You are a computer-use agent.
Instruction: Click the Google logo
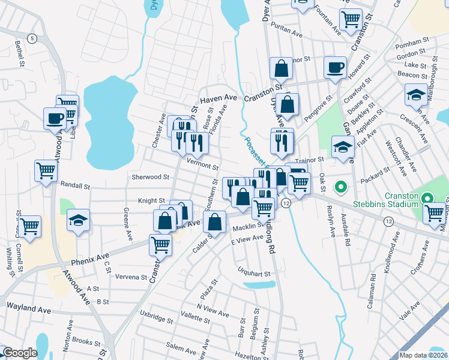pyautogui.click(x=20, y=353)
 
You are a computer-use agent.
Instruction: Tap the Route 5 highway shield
pyautogui.click(x=32, y=38)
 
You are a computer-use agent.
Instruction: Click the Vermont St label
pyautogui.click(x=202, y=164)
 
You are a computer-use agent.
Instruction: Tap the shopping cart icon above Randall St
pyautogui.click(x=46, y=171)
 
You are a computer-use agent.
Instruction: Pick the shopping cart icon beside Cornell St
pyautogui.click(x=29, y=226)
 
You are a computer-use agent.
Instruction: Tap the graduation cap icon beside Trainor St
pyautogui.click(x=342, y=146)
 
